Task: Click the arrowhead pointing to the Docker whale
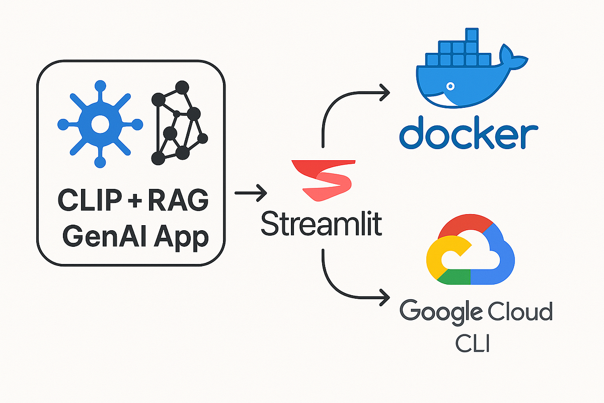point(386,92)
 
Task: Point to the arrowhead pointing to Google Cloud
point(386,296)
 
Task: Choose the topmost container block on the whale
point(471,34)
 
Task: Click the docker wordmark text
point(468,131)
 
